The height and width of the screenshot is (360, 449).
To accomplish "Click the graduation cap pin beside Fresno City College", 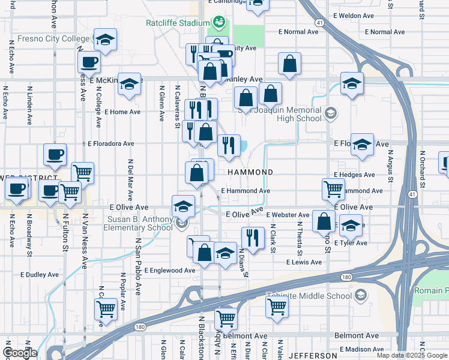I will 105,41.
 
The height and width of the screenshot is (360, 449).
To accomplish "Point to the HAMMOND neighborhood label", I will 250,172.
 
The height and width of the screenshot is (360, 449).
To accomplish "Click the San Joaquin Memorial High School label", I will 280,114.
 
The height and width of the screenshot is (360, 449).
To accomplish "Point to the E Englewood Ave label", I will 169,271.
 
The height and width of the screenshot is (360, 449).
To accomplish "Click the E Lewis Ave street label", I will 304,262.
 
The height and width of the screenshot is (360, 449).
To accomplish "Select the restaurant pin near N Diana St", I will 253,238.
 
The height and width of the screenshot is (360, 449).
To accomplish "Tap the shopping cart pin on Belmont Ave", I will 226,319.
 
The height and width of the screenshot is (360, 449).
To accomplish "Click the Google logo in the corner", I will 20,353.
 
